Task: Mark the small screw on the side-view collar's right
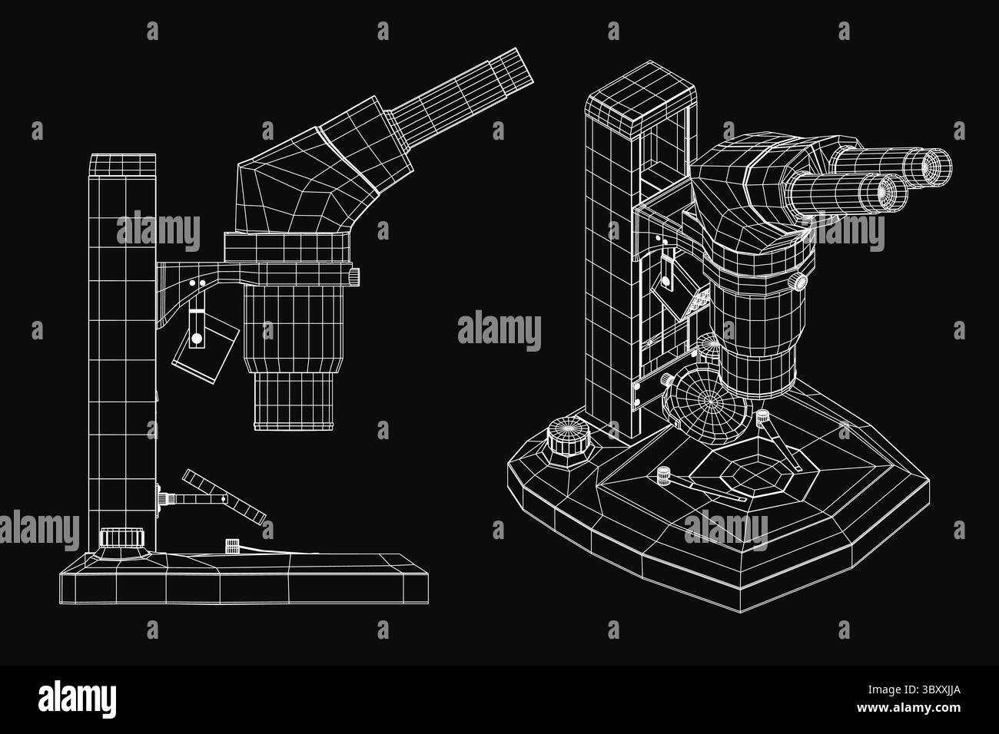[x=354, y=276]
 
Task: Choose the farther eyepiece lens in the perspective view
[x=937, y=167]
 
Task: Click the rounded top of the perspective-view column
[x=640, y=87]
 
